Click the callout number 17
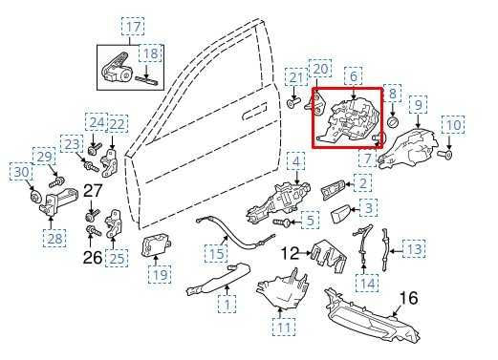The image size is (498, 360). tap(133, 27)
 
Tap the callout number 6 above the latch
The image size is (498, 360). tap(354, 76)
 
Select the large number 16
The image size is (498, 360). tap(408, 298)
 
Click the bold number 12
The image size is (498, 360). tap(290, 253)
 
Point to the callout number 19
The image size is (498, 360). tap(160, 274)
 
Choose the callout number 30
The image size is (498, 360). tap(22, 172)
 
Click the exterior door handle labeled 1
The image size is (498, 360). tap(218, 278)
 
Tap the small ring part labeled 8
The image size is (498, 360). tap(394, 122)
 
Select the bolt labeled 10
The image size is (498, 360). tap(444, 156)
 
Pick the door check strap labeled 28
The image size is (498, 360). tap(57, 201)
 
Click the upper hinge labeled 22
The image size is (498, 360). tap(110, 162)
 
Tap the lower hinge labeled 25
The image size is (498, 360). tap(114, 223)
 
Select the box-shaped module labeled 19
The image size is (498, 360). tap(156, 246)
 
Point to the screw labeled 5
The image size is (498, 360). tap(282, 222)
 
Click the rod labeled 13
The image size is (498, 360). tap(386, 250)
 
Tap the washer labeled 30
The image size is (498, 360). tap(34, 198)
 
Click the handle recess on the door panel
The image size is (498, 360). tap(254, 111)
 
